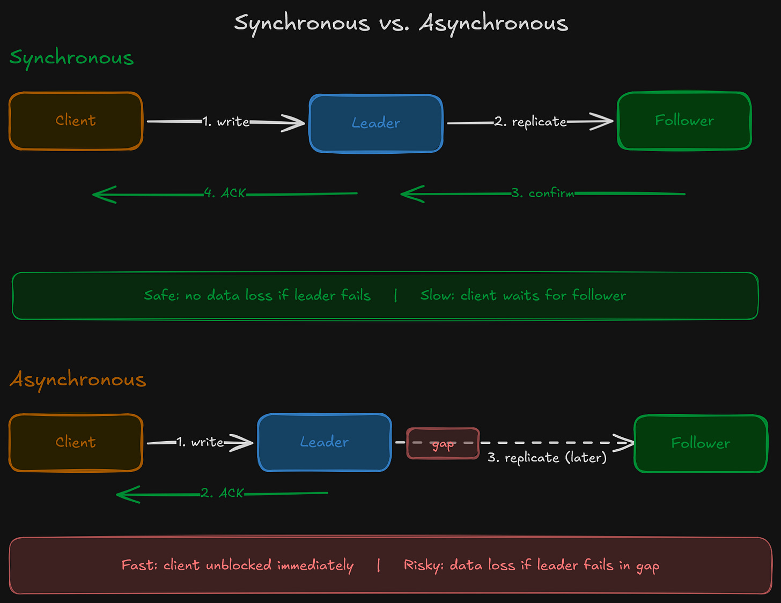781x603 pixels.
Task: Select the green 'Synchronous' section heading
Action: click(x=71, y=58)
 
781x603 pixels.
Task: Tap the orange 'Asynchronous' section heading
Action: click(x=78, y=379)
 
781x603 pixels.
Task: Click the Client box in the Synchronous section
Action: click(x=76, y=121)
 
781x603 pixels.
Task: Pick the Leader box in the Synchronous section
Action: click(x=376, y=123)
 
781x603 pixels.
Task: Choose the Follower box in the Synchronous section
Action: click(x=684, y=121)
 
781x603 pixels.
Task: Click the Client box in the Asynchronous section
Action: click(x=76, y=442)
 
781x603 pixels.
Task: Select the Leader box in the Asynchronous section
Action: click(x=325, y=442)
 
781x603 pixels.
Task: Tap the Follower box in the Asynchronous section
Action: click(x=701, y=443)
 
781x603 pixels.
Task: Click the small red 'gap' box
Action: click(x=443, y=443)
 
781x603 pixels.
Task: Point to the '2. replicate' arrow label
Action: click(x=530, y=122)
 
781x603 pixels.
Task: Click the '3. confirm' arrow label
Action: click(x=542, y=193)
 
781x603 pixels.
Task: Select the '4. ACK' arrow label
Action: click(x=225, y=193)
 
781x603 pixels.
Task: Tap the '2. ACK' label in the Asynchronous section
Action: click(x=222, y=493)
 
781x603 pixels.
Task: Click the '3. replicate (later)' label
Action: click(x=547, y=458)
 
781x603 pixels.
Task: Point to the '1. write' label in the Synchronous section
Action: click(x=226, y=122)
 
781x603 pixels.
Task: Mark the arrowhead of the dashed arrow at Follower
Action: click(x=625, y=443)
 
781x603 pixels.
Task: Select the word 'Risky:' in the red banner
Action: click(x=423, y=565)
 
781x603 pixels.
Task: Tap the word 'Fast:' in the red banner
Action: click(x=139, y=565)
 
